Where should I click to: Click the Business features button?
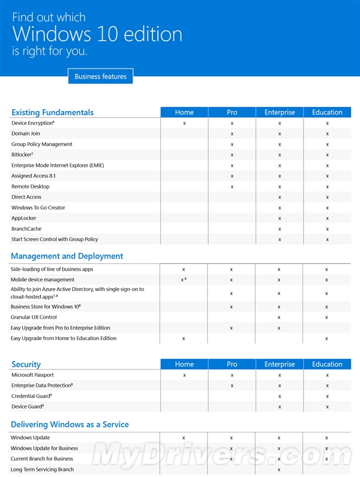(x=100, y=76)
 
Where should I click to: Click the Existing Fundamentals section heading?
(x=53, y=112)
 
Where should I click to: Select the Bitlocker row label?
(x=22, y=155)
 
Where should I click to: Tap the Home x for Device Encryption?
(x=184, y=123)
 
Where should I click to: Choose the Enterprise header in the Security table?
(x=280, y=364)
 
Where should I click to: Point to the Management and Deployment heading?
(x=67, y=256)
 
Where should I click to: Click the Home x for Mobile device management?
(x=182, y=280)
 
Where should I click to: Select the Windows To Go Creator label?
(x=38, y=208)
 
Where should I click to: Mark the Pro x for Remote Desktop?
(x=232, y=187)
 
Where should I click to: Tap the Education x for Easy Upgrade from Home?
(x=326, y=338)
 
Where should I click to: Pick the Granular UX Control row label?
(x=34, y=317)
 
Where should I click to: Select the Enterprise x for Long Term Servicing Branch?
(x=279, y=470)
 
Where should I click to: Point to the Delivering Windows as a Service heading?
(x=70, y=424)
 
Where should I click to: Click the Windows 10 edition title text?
(x=97, y=34)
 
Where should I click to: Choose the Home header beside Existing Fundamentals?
(x=184, y=112)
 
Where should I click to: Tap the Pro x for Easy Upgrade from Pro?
(x=232, y=328)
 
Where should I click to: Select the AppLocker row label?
(x=24, y=218)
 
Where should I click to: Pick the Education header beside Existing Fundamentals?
(x=327, y=112)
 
